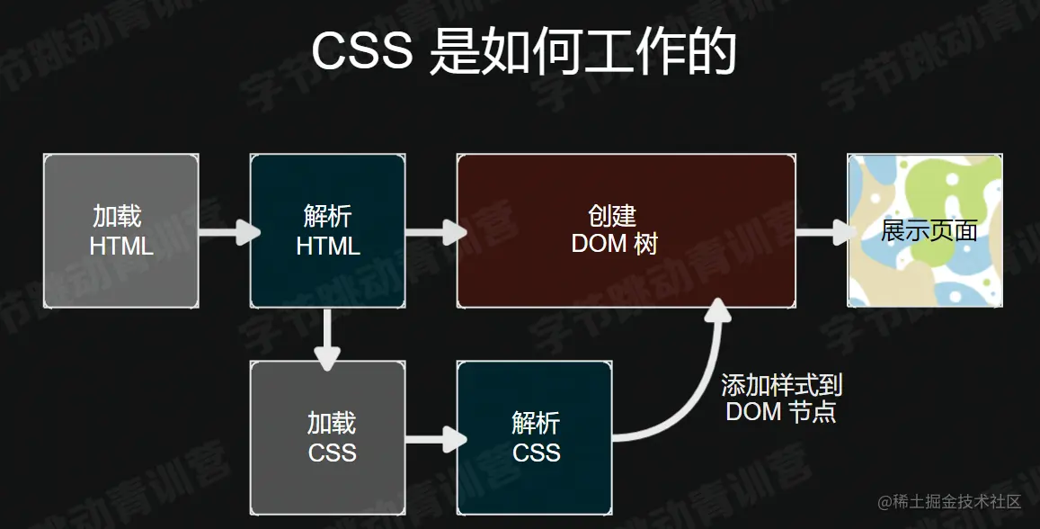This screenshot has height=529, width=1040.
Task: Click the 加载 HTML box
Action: click(120, 230)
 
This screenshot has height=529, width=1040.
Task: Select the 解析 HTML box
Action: click(327, 230)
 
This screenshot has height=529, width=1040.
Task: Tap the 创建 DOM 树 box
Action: click(626, 230)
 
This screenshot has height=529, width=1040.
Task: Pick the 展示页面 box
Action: click(925, 230)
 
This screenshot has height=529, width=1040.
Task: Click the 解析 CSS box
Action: click(535, 437)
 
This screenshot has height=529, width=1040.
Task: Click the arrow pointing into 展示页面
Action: click(823, 232)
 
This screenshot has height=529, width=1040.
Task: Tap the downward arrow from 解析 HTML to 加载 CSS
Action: click(328, 336)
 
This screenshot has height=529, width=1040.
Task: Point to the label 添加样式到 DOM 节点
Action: click(781, 399)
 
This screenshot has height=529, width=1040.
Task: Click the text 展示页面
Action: click(929, 231)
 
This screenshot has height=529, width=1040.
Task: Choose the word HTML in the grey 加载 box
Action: click(121, 246)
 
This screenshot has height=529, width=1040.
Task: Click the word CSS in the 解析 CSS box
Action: click(537, 452)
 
